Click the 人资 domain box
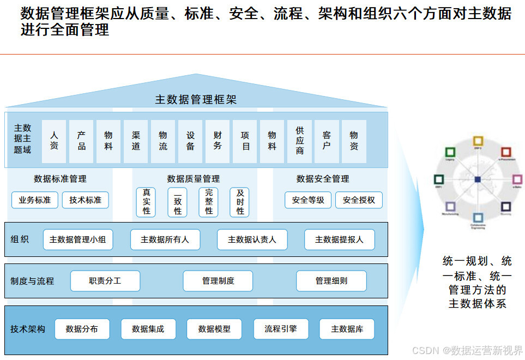[x=54, y=141]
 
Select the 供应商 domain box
[x=299, y=141]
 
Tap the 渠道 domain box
[x=136, y=141]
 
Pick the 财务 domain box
[x=218, y=141]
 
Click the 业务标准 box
[x=34, y=200]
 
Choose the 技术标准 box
[x=85, y=200]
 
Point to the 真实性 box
[x=146, y=202]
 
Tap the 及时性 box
[x=240, y=202]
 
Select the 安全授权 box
[x=359, y=200]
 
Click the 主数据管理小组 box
[x=78, y=239]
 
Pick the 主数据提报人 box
[x=339, y=239]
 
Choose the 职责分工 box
[x=105, y=281]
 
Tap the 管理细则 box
[x=331, y=281]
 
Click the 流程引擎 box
[x=281, y=329]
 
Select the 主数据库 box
[x=347, y=329]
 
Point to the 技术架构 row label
[x=28, y=329]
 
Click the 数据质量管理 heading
[x=194, y=178]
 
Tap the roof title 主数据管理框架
[x=196, y=99]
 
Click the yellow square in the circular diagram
[x=478, y=141]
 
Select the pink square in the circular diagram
[x=517, y=179]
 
